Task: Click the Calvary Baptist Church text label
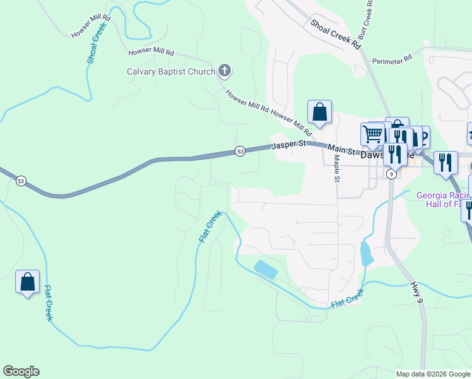pyautogui.click(x=171, y=71)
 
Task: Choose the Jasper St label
pyautogui.click(x=288, y=145)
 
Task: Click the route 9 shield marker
pyautogui.click(x=391, y=174)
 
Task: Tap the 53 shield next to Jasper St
pyautogui.click(x=240, y=151)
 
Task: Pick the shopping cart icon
pyautogui.click(x=372, y=134)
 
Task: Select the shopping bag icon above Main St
pyautogui.click(x=320, y=112)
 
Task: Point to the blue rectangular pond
pyautogui.click(x=265, y=269)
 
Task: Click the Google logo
pyautogui.click(x=21, y=371)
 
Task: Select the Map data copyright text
pyautogui.click(x=433, y=374)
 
